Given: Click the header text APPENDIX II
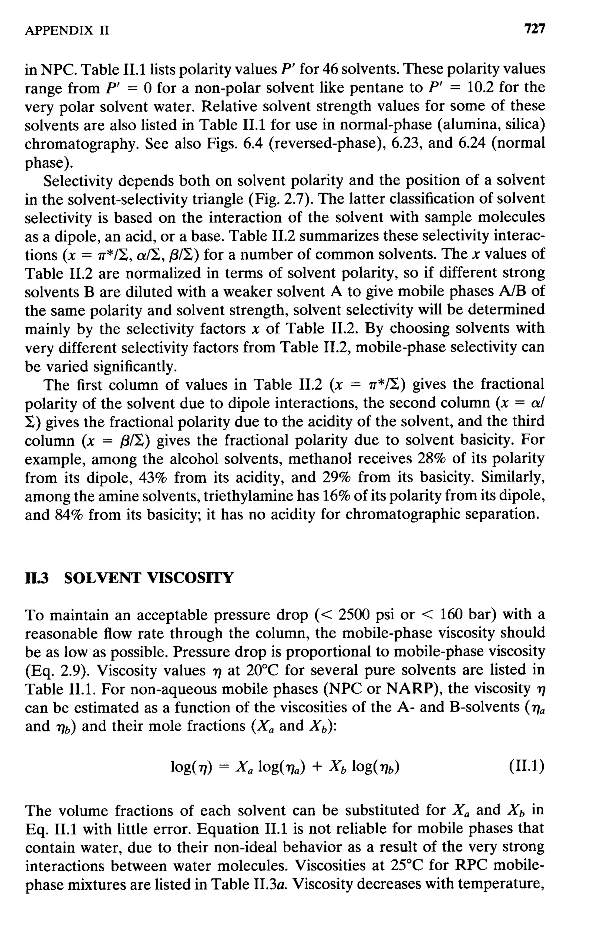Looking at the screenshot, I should click(x=67, y=30).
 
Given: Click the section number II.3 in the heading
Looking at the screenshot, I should click(x=36, y=578).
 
